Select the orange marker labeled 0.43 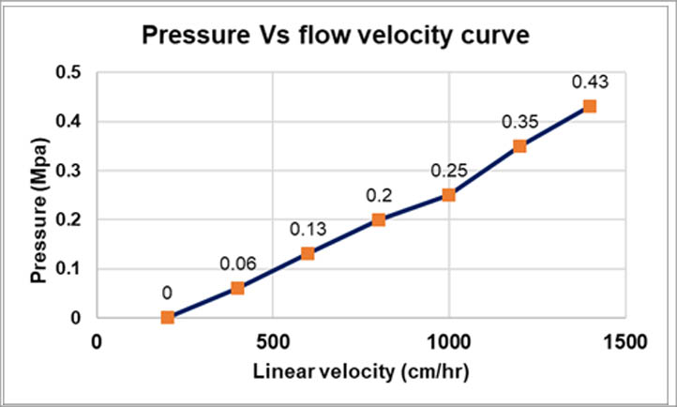[590, 106]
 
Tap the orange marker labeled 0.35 [519, 145]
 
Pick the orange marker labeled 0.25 [449, 195]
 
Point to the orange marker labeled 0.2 [379, 219]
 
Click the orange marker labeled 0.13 [308, 253]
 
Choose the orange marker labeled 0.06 [237, 288]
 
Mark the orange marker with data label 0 [167, 317]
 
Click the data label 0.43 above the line [590, 82]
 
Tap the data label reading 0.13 [307, 229]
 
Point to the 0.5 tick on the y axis [69, 73]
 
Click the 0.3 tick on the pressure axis [69, 171]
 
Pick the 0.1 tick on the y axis [69, 268]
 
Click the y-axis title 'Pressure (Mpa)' [38, 195]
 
